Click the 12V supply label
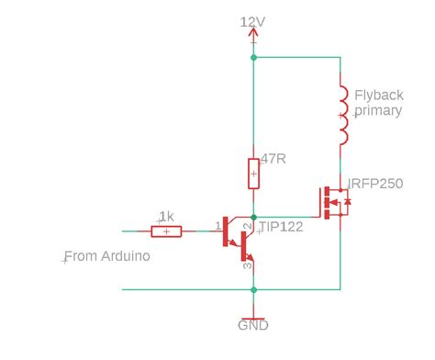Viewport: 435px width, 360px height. (x=253, y=21)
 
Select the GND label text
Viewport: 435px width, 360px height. (x=253, y=325)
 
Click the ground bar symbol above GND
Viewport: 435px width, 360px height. (x=253, y=313)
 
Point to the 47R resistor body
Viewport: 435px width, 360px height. (x=253, y=172)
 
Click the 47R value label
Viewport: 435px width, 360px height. (x=273, y=159)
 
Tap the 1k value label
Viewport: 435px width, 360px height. (x=166, y=217)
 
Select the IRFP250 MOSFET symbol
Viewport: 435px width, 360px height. (x=332, y=203)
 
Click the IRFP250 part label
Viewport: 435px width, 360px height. (x=377, y=184)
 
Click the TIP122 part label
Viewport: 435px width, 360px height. (x=281, y=226)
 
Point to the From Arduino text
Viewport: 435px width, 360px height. (x=106, y=256)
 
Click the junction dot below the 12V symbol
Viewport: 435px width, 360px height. (x=253, y=57)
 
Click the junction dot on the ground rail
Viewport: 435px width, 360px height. (x=253, y=289)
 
